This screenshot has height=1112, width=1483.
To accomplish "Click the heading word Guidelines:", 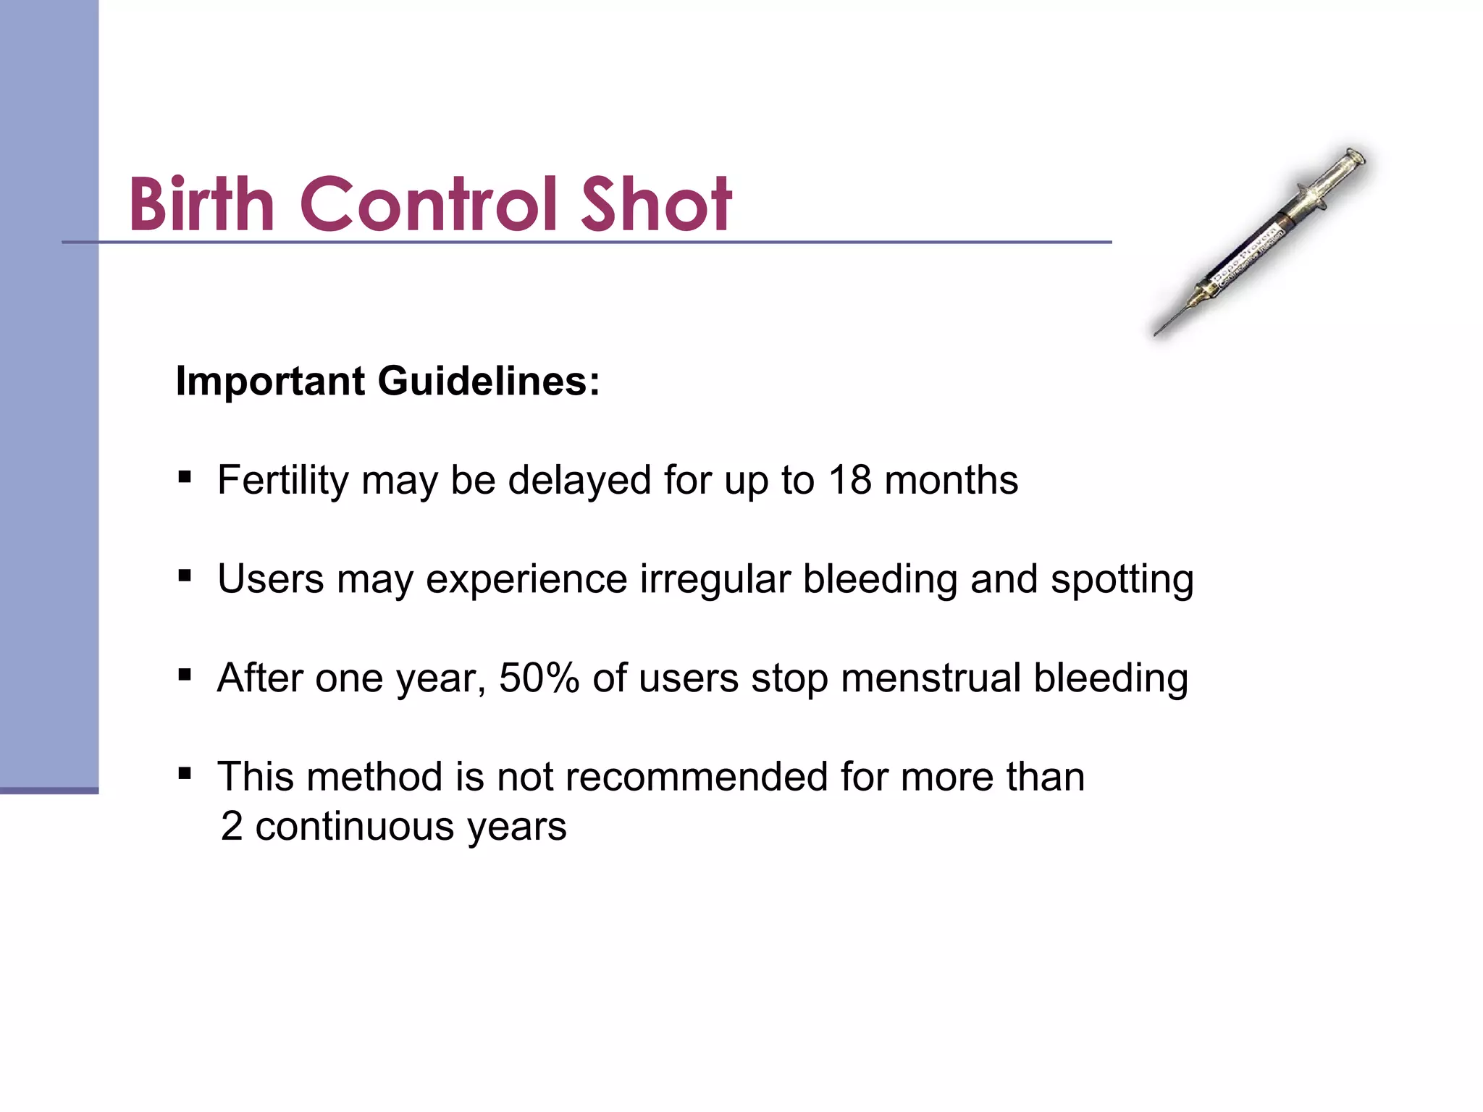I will click(x=489, y=381).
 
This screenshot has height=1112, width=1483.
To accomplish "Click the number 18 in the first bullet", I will click(x=849, y=480).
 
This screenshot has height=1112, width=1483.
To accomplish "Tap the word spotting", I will click(x=1122, y=580).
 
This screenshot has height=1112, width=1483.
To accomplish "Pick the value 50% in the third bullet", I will click(x=539, y=678).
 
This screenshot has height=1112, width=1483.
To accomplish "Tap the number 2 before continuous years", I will click(x=232, y=826).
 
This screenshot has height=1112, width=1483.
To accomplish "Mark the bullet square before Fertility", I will click(x=185, y=477).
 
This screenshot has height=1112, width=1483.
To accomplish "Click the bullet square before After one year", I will click(x=185, y=675).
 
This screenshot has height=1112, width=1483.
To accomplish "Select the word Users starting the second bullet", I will click(x=270, y=580).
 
